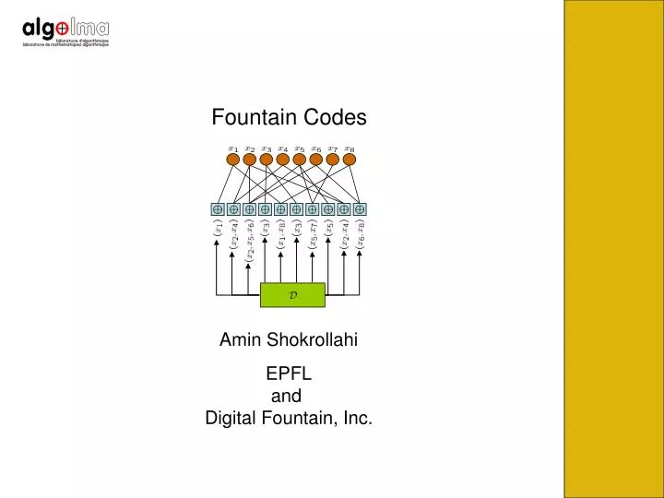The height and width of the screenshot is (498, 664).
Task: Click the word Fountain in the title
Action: point(251,118)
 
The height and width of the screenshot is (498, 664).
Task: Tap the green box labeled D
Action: point(292,294)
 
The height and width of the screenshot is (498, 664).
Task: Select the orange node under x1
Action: point(233,160)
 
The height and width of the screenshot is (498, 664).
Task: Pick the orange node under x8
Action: point(350,160)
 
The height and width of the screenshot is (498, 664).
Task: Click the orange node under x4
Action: point(283,160)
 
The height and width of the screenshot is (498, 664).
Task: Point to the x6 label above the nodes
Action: point(316,148)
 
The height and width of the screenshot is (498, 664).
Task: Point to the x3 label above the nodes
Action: point(267,148)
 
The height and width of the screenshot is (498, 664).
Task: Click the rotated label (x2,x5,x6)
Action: point(249,245)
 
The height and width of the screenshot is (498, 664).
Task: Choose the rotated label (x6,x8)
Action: point(361,238)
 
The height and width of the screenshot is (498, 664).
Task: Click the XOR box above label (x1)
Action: point(218,209)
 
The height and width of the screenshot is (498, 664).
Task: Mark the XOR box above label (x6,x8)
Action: point(360,209)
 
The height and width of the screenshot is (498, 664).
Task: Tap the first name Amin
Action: point(238,340)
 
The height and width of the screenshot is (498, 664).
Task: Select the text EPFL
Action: point(289,374)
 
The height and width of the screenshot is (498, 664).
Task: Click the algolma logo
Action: point(65,33)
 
